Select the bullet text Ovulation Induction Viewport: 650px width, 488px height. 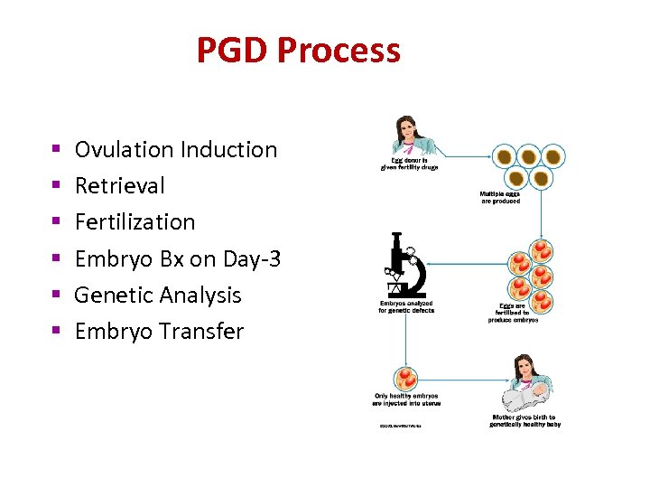(x=176, y=149)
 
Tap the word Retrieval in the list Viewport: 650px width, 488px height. (x=120, y=185)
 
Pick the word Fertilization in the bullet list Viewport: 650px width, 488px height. (x=135, y=221)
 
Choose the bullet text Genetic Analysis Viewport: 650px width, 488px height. (x=158, y=295)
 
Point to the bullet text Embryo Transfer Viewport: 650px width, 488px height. (x=159, y=332)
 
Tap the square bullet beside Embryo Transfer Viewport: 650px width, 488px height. (x=55, y=330)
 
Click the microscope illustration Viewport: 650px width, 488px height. (x=404, y=266)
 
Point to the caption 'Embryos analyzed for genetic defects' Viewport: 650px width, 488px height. (x=406, y=306)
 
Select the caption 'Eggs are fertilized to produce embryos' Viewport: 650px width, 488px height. (x=514, y=313)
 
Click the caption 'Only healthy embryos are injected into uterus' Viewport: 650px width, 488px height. (x=406, y=399)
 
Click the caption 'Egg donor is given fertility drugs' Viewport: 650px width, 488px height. (x=409, y=164)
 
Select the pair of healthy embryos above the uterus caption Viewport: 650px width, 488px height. (x=406, y=378)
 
